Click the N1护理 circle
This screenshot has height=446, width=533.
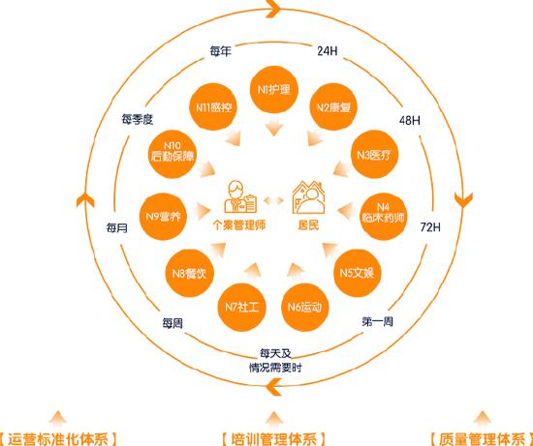click(274, 90)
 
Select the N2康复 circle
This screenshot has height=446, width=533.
click(333, 107)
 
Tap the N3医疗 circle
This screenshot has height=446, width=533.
click(374, 155)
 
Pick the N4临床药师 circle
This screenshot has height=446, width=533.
click(383, 217)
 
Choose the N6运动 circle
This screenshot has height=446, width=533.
click(305, 308)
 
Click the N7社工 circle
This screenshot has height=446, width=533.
click(241, 308)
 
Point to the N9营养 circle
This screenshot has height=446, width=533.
click(164, 217)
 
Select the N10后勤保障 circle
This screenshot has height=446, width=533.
click(172, 155)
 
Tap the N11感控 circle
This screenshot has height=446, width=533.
click(213, 107)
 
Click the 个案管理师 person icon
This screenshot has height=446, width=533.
click(240, 196)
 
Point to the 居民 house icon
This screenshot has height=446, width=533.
click(308, 197)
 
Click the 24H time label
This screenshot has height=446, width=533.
click(328, 51)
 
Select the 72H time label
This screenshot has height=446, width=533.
click(430, 227)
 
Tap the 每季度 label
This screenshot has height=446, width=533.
click(138, 119)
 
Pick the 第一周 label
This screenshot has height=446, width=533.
click(377, 321)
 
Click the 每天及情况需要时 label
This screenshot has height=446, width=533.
click(275, 361)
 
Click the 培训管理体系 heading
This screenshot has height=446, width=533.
click(273, 438)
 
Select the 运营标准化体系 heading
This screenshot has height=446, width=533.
click(58, 438)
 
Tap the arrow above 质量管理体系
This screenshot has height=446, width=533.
click(482, 418)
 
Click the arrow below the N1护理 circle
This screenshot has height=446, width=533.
click(274, 127)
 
